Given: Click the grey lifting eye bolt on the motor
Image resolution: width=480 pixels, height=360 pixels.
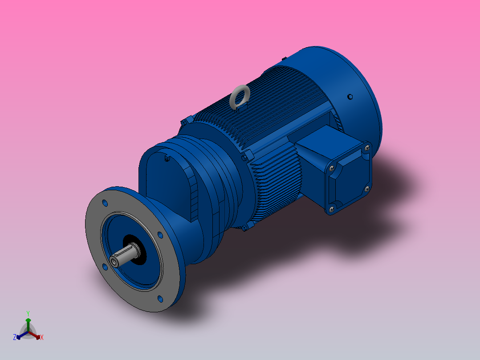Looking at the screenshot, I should (x=240, y=95).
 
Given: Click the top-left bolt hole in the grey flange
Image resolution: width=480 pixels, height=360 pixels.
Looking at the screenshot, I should (x=105, y=203).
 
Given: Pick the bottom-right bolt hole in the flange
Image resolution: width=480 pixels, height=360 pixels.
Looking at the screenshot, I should (x=160, y=299).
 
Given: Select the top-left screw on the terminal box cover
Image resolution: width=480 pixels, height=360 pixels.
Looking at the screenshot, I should (x=331, y=169).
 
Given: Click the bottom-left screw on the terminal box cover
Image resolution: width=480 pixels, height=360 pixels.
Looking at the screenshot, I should (x=331, y=208).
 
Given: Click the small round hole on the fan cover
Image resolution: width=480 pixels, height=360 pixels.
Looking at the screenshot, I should (x=350, y=96).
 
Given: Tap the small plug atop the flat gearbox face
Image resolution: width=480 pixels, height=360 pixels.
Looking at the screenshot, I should (x=167, y=159).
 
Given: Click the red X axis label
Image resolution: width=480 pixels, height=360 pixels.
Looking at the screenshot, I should (x=42, y=338).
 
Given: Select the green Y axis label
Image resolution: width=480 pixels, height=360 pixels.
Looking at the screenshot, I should (x=28, y=313).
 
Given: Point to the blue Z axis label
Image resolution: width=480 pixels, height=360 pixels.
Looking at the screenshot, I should (x=15, y=337).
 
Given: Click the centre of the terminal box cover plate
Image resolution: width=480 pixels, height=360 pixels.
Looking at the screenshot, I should (x=350, y=178).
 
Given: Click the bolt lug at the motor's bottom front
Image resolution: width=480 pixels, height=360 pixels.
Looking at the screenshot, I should (x=244, y=228).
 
